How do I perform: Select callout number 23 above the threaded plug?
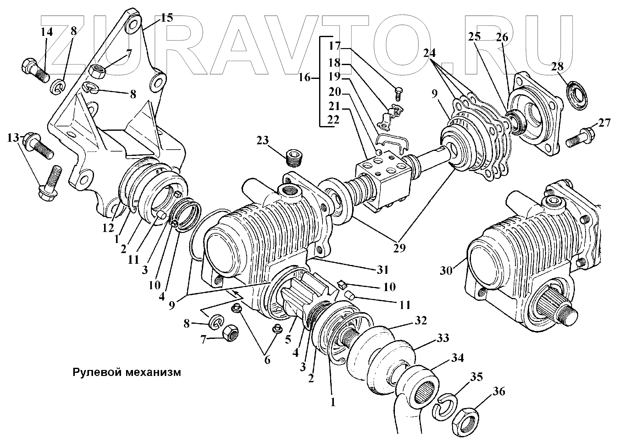point(263,140)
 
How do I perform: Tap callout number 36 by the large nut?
point(498,392)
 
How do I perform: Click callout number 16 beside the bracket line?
point(304,77)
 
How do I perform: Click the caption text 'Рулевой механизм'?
point(127,372)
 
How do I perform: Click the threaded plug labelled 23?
point(295,158)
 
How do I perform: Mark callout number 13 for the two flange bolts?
point(13,138)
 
